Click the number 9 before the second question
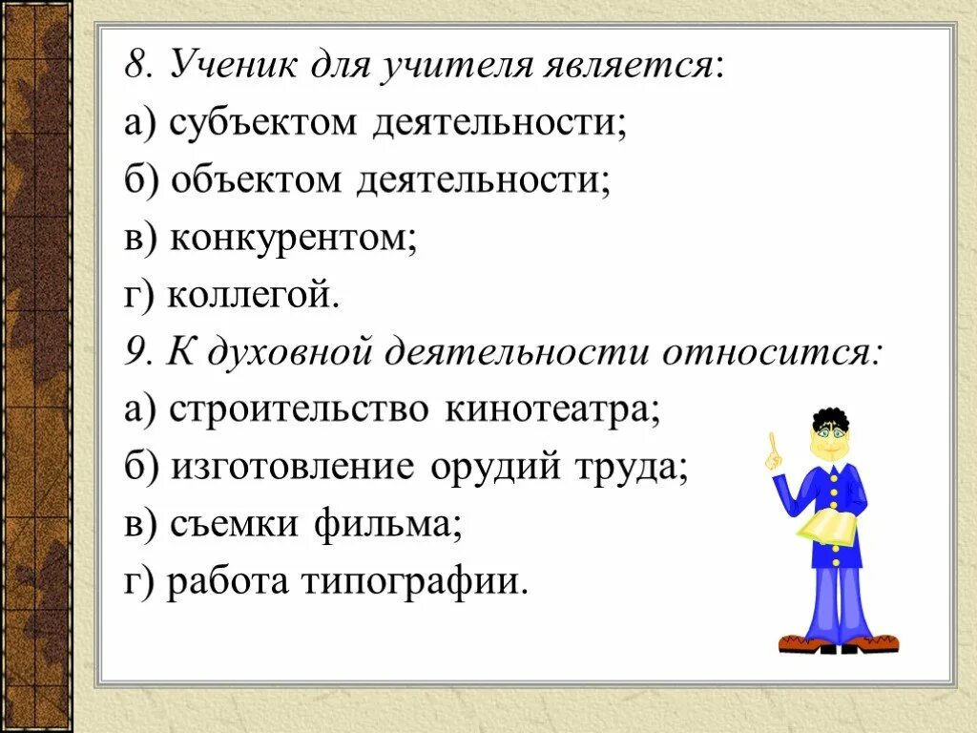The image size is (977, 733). point(134,352)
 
